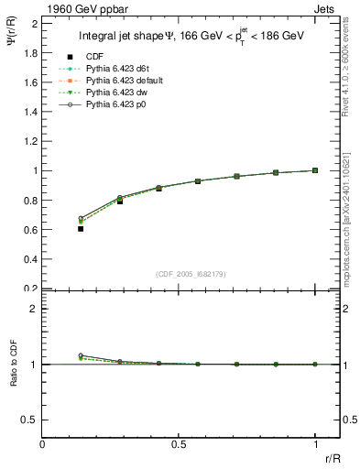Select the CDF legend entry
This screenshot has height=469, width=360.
pos(94,57)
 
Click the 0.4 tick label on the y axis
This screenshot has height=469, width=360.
pos(29,259)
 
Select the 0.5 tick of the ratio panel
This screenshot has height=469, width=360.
pos(29,420)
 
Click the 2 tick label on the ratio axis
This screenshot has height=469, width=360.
pos(33,309)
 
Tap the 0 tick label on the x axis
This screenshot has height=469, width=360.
pos(42,446)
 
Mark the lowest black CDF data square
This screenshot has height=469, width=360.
pos(81,229)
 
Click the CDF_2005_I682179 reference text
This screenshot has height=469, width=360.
pos(191,274)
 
